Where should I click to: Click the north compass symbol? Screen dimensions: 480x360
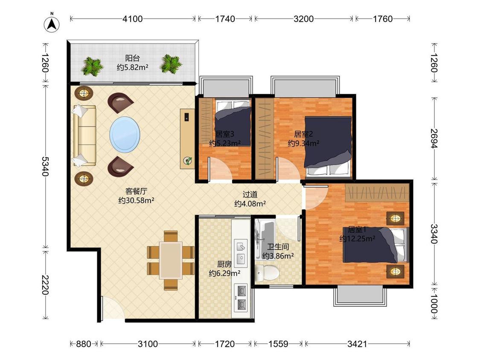pyautogui.click(x=52, y=24)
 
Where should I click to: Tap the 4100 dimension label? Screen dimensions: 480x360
pyautogui.click(x=133, y=19)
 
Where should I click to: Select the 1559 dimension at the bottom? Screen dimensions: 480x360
pyautogui.click(x=278, y=344)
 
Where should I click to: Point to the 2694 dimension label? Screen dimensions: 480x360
pyautogui.click(x=434, y=138)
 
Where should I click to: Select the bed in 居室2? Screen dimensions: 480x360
pyautogui.click(x=328, y=146)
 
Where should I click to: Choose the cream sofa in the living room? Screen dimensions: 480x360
pyautogui.click(x=84, y=136)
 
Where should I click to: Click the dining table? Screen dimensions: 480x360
pyautogui.click(x=171, y=260)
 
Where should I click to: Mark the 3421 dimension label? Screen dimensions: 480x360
pyautogui.click(x=357, y=344)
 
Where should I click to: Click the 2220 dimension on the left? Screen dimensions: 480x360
pyautogui.click(x=45, y=285)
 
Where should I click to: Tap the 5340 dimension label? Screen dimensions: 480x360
pyautogui.click(x=45, y=166)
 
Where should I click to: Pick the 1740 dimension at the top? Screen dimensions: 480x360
pyautogui.click(x=225, y=19)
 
